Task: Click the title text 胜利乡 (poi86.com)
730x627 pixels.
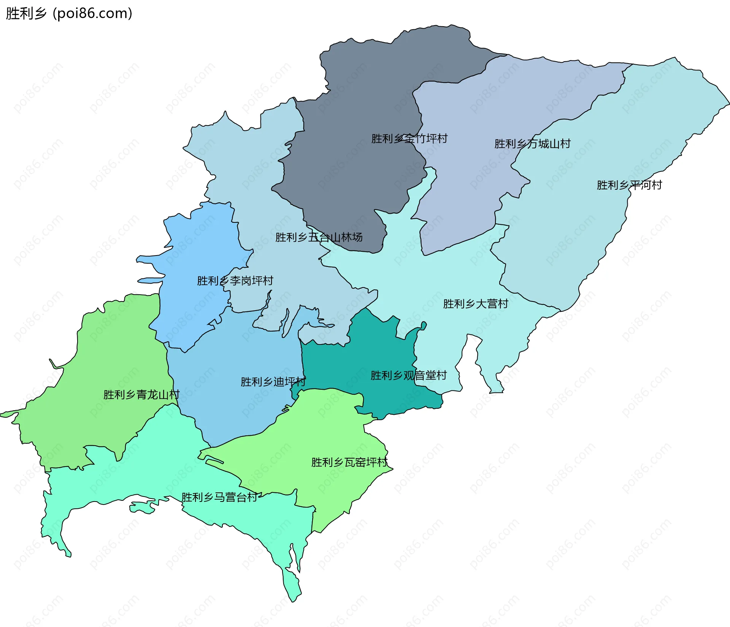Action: click(x=69, y=13)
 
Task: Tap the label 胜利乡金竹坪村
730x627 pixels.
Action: click(x=409, y=138)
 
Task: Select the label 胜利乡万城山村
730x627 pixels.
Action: click(x=532, y=144)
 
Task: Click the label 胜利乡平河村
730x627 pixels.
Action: click(x=629, y=185)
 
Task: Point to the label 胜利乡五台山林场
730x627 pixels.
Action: click(x=319, y=237)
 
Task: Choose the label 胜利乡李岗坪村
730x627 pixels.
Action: click(x=235, y=281)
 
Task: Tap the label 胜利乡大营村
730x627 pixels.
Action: click(x=475, y=304)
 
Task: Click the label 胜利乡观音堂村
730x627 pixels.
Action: click(x=408, y=376)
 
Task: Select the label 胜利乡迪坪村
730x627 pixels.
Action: click(x=273, y=382)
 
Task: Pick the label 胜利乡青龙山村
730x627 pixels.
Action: click(x=141, y=395)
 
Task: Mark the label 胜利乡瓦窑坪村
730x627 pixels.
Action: click(x=349, y=462)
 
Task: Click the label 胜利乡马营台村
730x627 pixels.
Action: click(x=219, y=497)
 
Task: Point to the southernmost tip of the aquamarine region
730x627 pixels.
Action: click(x=293, y=601)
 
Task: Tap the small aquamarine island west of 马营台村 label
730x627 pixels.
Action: click(x=143, y=507)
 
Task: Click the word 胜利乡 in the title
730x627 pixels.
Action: click(x=26, y=13)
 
